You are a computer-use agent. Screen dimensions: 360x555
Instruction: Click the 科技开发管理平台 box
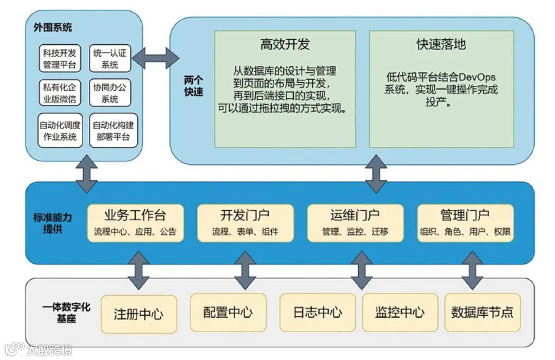60,58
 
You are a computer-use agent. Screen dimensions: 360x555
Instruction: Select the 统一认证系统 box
110,58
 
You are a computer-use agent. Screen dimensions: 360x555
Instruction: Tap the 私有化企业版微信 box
60,93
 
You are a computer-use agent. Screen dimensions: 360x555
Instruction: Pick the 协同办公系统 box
110,93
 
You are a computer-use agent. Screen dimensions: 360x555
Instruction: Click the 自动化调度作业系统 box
60,130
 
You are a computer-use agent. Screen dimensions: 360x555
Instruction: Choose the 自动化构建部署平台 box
113,130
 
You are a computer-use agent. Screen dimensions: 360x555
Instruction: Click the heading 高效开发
285,44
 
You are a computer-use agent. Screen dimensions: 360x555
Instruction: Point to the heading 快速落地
441,44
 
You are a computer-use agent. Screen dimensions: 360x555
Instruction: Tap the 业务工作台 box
135,223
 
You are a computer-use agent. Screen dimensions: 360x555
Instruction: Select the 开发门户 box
245,223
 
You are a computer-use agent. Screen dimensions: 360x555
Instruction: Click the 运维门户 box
355,223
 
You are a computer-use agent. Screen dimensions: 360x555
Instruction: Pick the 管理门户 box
465,223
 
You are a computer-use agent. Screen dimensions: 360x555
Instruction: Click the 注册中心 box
139,313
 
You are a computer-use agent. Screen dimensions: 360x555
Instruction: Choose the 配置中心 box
228,312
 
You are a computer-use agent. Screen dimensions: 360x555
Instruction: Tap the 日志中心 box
318,312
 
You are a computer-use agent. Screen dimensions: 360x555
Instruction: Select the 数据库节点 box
482,312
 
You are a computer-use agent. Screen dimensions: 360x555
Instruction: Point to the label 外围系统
49,28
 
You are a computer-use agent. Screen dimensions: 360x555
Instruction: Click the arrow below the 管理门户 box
472,271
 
